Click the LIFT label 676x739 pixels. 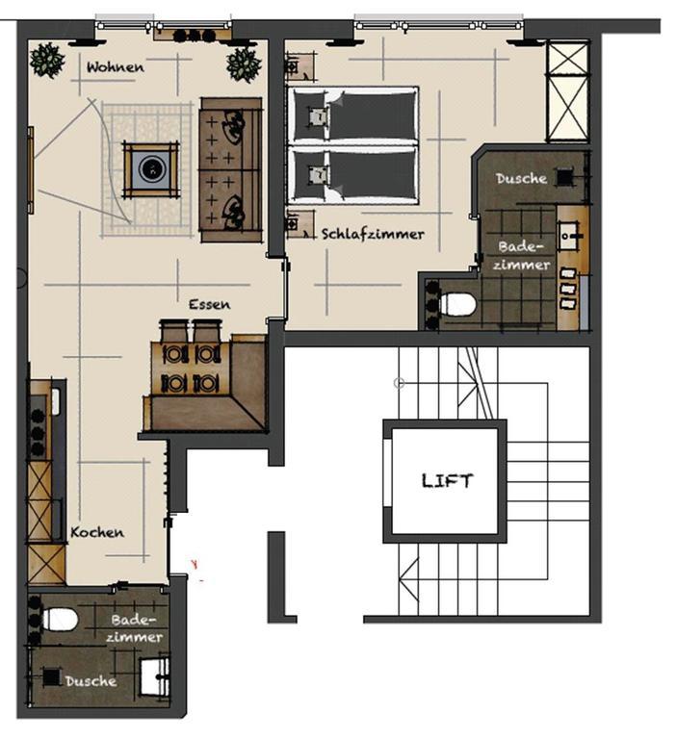(446, 481)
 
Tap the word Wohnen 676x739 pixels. (116, 67)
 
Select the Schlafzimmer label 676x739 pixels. (373, 234)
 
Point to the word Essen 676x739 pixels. (210, 304)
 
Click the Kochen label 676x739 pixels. (97, 532)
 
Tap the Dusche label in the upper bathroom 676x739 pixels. (521, 178)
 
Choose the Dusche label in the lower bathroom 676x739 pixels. (91, 681)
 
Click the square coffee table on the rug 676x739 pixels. (151, 169)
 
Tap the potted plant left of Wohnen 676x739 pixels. (47, 61)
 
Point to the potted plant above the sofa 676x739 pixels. (244, 64)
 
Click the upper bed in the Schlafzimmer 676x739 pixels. (352, 115)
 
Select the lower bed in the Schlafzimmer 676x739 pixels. (352, 175)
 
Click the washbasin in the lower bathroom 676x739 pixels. (155, 677)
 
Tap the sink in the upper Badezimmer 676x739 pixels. (570, 234)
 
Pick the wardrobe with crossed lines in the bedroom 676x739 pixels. (568, 91)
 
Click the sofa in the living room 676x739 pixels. (231, 170)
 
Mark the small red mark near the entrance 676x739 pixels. (194, 564)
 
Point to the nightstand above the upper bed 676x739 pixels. (300, 67)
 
